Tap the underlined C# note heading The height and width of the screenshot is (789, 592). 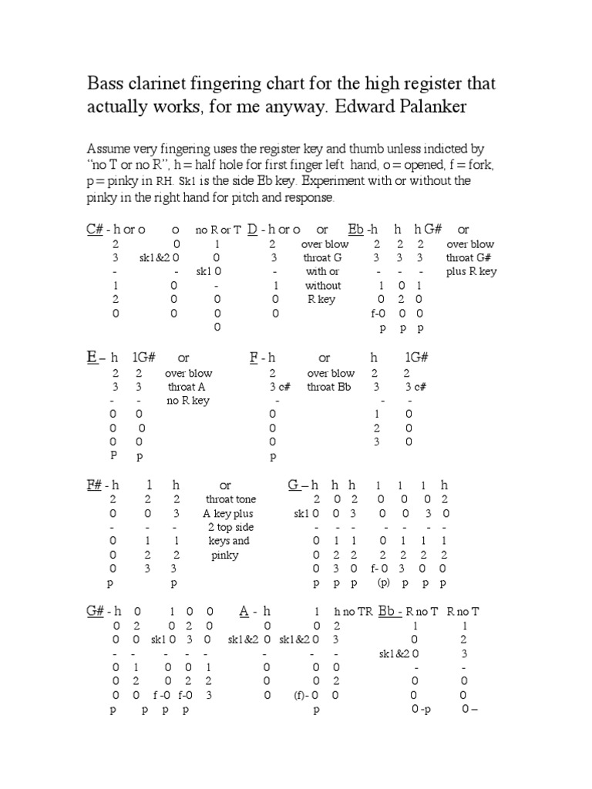click(x=94, y=230)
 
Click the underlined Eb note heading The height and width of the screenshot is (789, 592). click(x=355, y=230)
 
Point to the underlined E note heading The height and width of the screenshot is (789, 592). click(x=90, y=358)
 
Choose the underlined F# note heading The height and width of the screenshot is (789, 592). click(x=94, y=485)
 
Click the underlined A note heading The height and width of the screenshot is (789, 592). click(x=244, y=611)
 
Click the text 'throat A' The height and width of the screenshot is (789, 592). click(x=187, y=387)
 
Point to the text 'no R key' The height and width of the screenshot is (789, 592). click(x=188, y=401)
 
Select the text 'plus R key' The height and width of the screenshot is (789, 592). click(x=471, y=271)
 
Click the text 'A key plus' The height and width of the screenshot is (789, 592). click(x=228, y=513)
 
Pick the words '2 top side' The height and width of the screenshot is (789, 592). click(x=230, y=527)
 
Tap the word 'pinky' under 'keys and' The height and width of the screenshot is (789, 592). click(x=225, y=555)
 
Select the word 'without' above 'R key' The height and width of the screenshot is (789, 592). click(x=323, y=285)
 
